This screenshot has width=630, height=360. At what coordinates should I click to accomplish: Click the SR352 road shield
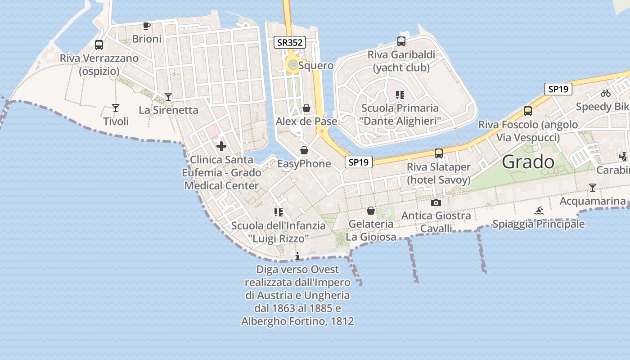coord(290,43)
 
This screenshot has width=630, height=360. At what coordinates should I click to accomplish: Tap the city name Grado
coord(528,162)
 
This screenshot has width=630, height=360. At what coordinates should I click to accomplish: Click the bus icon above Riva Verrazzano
coord(99,45)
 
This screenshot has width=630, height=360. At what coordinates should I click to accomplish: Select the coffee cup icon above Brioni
coord(146,26)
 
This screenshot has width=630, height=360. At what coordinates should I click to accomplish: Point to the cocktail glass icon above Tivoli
coord(116,108)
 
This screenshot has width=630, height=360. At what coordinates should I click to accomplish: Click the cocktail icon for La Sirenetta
coord(168,96)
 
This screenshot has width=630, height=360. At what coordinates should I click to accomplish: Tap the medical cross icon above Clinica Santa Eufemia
coord(221,146)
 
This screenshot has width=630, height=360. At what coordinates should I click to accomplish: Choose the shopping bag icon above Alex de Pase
coord(306,108)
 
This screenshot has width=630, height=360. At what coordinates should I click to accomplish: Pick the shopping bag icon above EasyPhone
coord(304,150)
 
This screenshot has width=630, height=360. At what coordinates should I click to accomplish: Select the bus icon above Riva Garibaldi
coord(401,41)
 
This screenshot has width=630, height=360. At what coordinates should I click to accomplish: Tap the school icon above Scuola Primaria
coord(400,95)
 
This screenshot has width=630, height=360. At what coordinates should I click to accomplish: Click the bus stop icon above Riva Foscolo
coord(528,111)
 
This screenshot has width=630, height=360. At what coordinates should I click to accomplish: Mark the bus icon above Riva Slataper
coord(439,153)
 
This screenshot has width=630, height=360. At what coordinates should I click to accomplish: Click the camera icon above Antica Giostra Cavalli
coord(436,203)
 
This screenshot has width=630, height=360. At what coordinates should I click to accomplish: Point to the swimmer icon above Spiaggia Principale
coord(539,210)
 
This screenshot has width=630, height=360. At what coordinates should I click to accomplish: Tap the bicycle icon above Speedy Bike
coord(606,94)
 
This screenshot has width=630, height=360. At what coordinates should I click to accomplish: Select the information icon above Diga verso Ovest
coord(297,256)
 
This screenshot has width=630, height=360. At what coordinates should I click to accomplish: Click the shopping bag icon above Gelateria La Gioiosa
coord(371,211)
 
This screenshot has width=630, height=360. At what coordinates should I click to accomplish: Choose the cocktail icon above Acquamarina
coord(593,187)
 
